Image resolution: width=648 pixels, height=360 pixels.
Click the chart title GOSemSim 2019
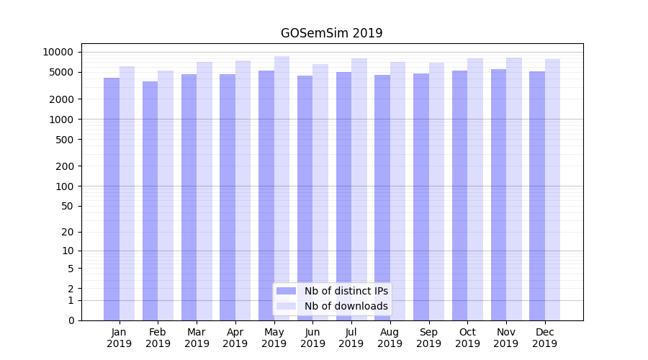pyautogui.click(x=331, y=33)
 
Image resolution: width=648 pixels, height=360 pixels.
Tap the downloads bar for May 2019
pyautogui.click(x=282, y=187)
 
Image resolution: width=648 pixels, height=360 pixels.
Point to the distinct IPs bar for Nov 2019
pyautogui.click(x=498, y=194)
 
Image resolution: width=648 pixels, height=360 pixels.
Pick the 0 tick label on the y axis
pyautogui.click(x=71, y=320)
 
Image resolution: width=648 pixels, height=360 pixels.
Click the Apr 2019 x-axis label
pyautogui.click(x=235, y=338)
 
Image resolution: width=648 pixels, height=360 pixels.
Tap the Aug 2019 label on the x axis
pyautogui.click(x=390, y=338)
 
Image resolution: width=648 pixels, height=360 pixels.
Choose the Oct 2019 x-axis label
pyautogui.click(x=467, y=338)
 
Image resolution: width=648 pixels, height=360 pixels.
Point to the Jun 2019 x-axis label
pyautogui.click(x=312, y=338)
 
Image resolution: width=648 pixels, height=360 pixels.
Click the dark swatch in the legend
pyautogui.click(x=286, y=291)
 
